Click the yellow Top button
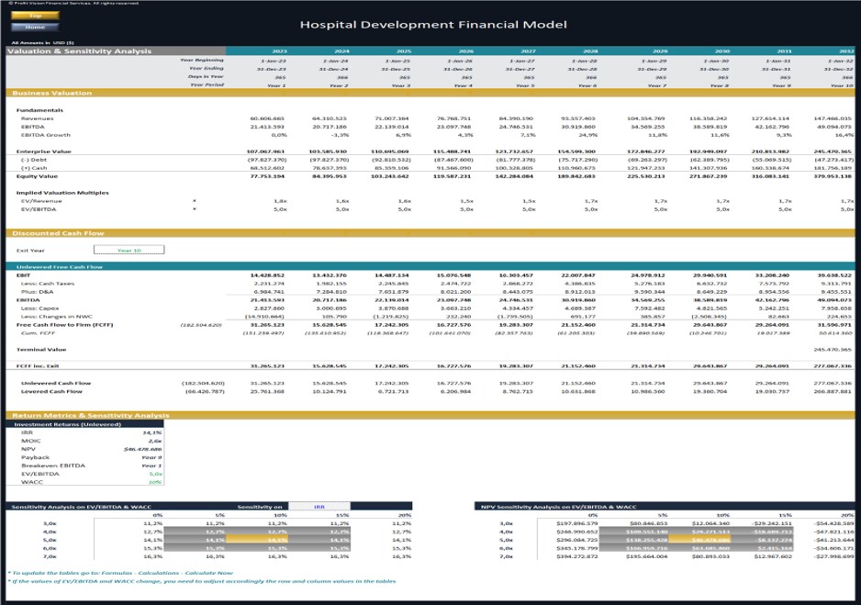coord(36,16)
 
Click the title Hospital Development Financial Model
coord(433,25)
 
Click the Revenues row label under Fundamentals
coord(37,118)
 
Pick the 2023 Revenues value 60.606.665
coord(267,118)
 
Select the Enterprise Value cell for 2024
coord(329,151)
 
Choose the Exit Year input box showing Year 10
coord(129,250)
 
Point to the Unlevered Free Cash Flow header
coord(60,267)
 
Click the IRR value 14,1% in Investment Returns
coord(152,432)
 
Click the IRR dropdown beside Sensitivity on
coord(319,506)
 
